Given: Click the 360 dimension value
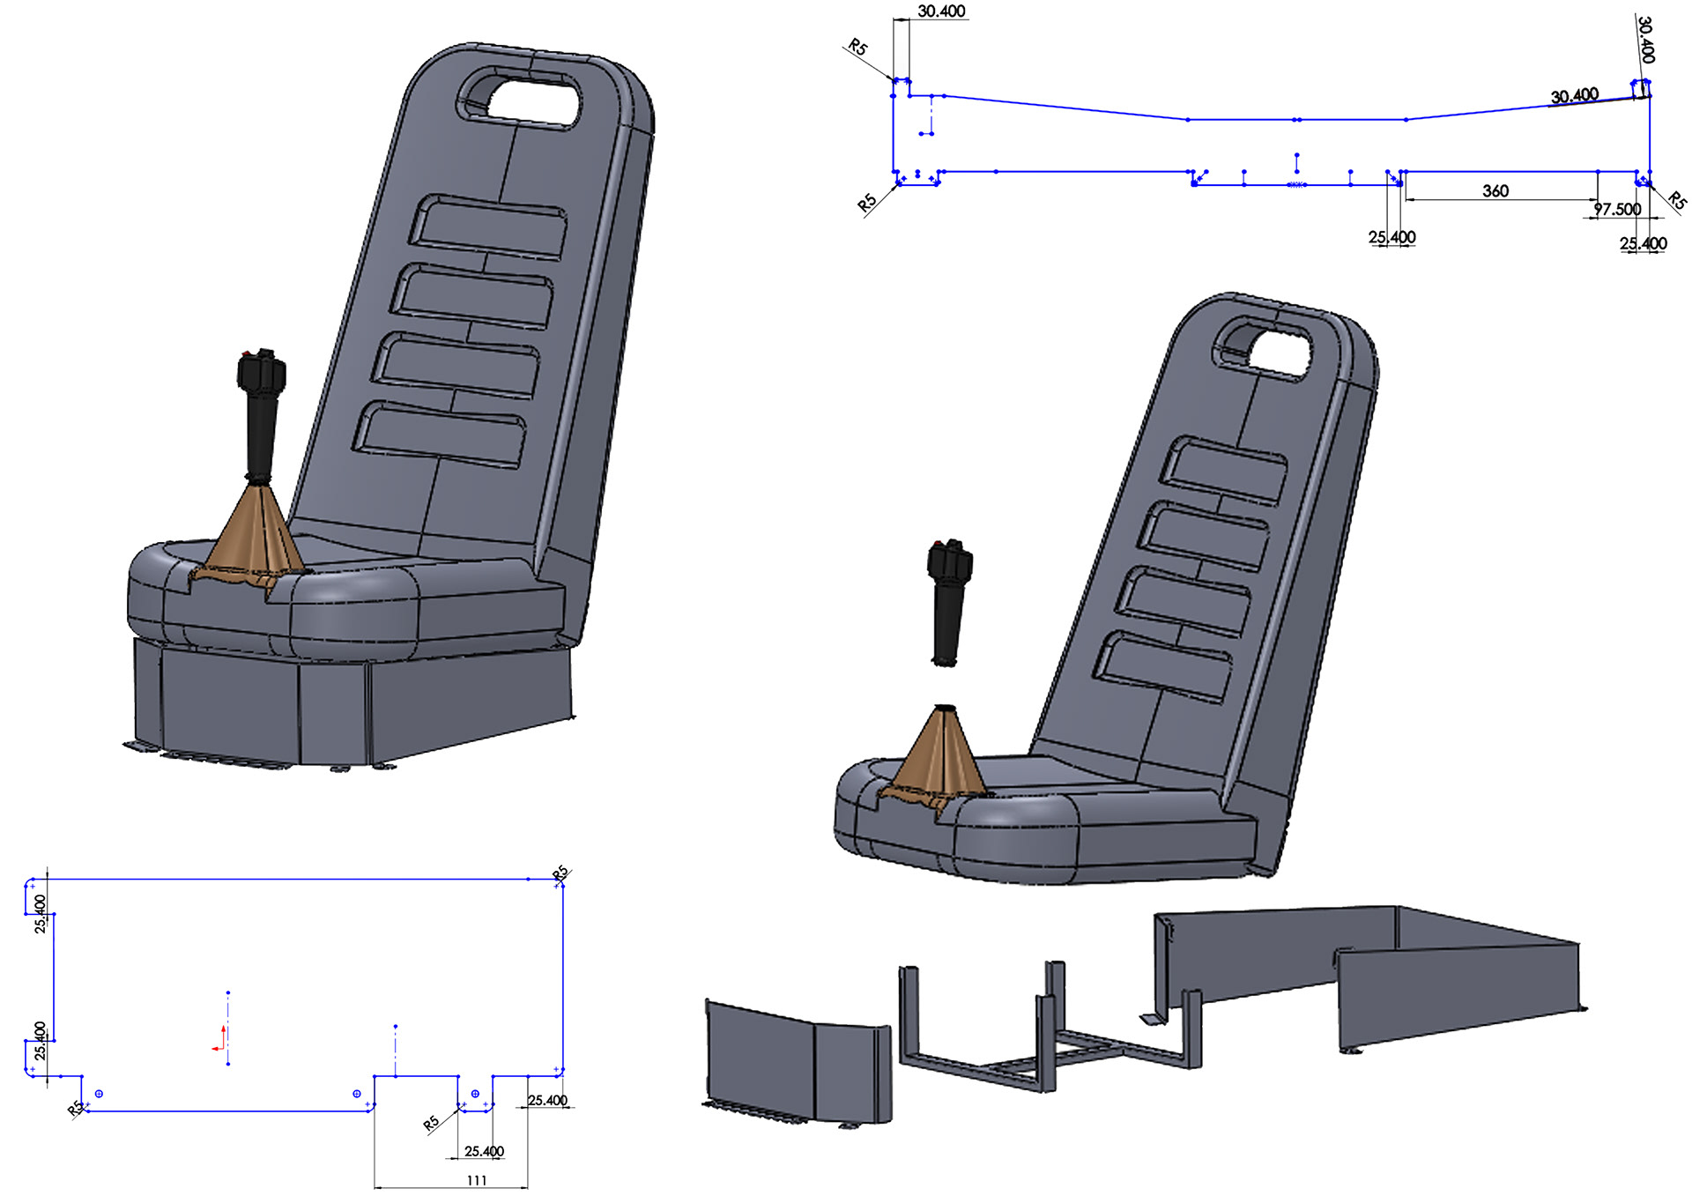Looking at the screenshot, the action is (x=1495, y=190).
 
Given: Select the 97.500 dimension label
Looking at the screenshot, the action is (x=1617, y=209).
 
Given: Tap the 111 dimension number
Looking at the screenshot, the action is (x=477, y=1180).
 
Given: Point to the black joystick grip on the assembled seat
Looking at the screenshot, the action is (x=260, y=414).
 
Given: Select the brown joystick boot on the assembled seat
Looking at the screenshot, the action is (x=251, y=538).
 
